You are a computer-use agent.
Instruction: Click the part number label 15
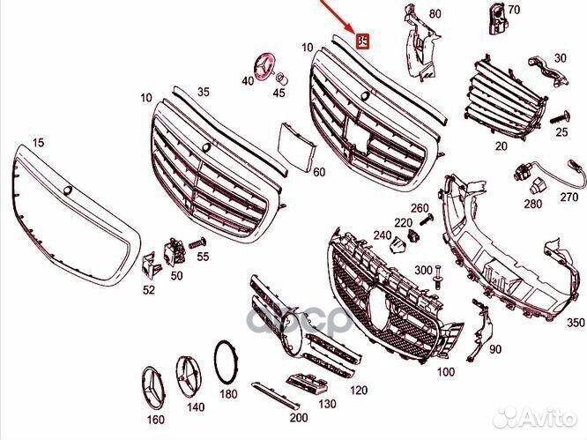click(x=37, y=141)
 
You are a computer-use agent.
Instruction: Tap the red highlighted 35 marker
click(x=362, y=41)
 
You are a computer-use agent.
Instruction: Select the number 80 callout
click(x=434, y=14)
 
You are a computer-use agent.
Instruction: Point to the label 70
click(x=515, y=10)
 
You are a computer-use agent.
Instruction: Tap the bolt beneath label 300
click(x=435, y=282)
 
